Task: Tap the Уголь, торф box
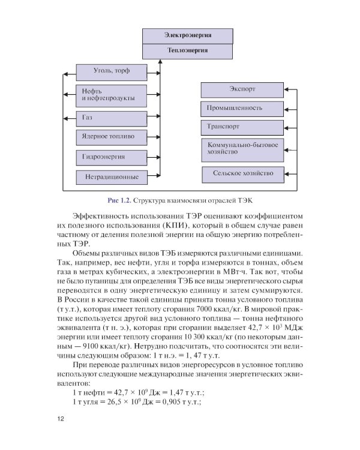click(x=111, y=73)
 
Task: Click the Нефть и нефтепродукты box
click(x=111, y=95)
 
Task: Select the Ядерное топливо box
click(x=111, y=136)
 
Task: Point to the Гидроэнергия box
click(x=111, y=157)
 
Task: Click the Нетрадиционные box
click(x=111, y=177)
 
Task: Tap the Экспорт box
click(x=241, y=89)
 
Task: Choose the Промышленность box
click(x=241, y=109)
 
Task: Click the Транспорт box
click(x=241, y=127)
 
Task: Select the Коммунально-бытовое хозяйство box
click(x=241, y=149)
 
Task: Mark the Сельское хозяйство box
click(x=241, y=173)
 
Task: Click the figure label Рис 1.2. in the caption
click(x=119, y=199)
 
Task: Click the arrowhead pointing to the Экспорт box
click(x=286, y=89)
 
